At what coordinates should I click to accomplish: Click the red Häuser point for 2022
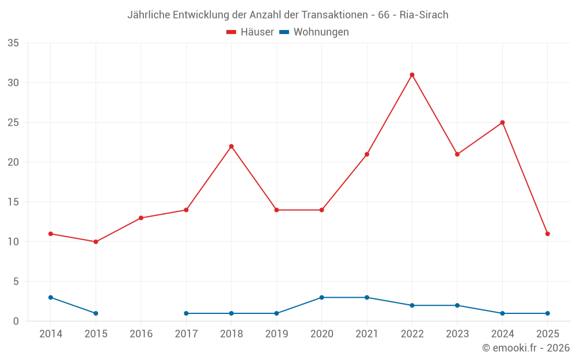pyautogui.click(x=412, y=75)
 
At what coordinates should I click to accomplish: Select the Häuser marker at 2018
pyautogui.click(x=232, y=146)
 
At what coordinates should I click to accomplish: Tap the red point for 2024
pyautogui.click(x=502, y=123)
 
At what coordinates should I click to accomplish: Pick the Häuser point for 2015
pyautogui.click(x=96, y=242)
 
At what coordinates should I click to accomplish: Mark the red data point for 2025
pyautogui.click(x=548, y=234)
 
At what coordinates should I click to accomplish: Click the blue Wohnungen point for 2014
pyautogui.click(x=51, y=297)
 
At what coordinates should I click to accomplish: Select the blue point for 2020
pyautogui.click(x=321, y=297)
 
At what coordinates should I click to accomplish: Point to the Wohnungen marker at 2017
pyautogui.click(x=186, y=313)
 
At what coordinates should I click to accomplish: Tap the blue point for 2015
pyautogui.click(x=96, y=313)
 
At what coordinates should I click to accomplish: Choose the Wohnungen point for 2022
pyautogui.click(x=412, y=305)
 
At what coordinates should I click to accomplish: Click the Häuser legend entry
pyautogui.click(x=250, y=32)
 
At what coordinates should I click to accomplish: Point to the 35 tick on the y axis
pyautogui.click(x=13, y=43)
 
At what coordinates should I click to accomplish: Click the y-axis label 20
pyautogui.click(x=13, y=162)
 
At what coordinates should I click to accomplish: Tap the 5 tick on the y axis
pyautogui.click(x=16, y=282)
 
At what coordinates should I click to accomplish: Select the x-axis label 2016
pyautogui.click(x=141, y=334)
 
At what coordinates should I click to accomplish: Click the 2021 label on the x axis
pyautogui.click(x=367, y=334)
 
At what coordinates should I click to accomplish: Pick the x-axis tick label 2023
pyautogui.click(x=457, y=334)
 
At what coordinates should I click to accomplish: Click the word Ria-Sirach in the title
pyautogui.click(x=424, y=15)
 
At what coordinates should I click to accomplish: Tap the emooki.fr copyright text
pyautogui.click(x=526, y=348)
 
